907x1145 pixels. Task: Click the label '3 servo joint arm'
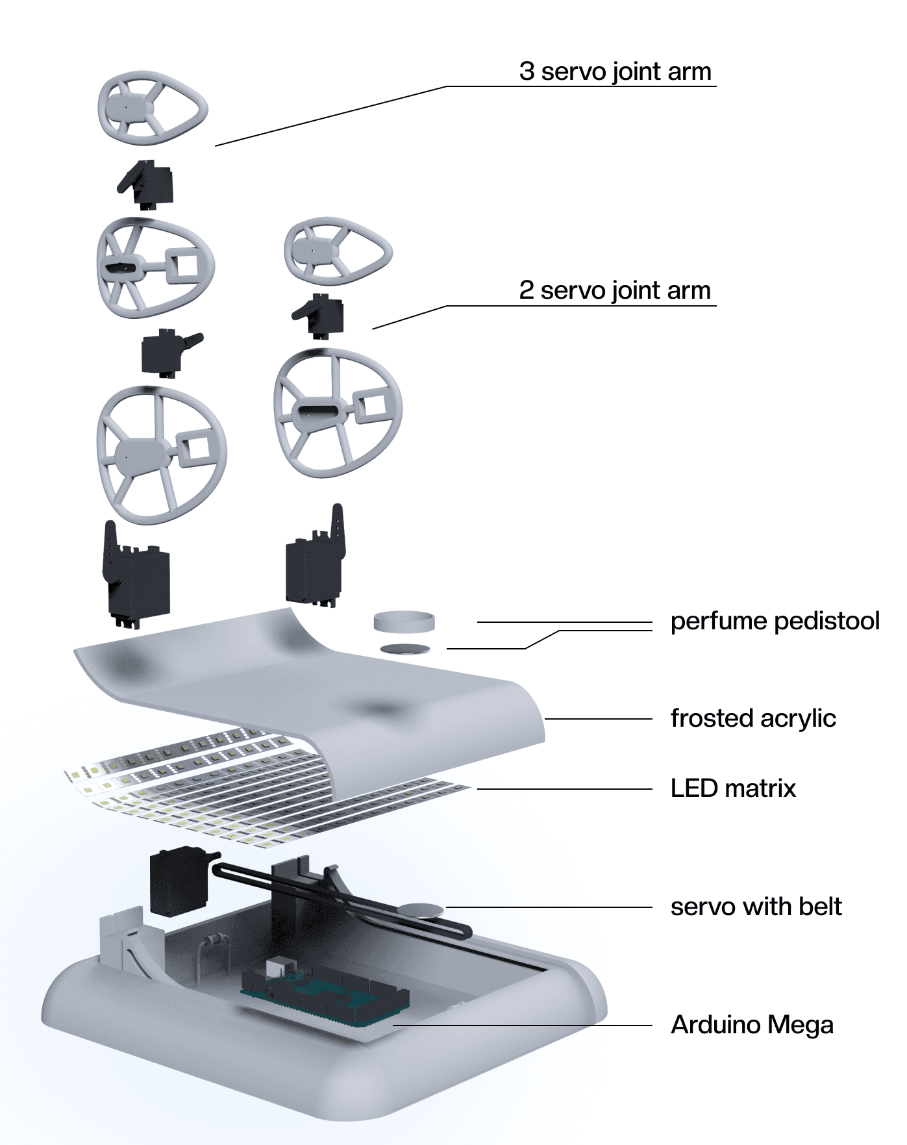click(x=615, y=71)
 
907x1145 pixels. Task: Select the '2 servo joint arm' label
click(x=615, y=290)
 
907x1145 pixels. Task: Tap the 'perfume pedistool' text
click(x=775, y=622)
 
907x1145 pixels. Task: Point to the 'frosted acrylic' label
click(x=753, y=718)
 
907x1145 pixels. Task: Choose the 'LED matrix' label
click(x=733, y=788)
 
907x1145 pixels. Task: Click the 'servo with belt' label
click(x=756, y=907)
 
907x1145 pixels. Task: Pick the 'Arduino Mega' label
click(x=752, y=1025)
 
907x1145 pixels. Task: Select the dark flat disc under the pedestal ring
click(x=405, y=648)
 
